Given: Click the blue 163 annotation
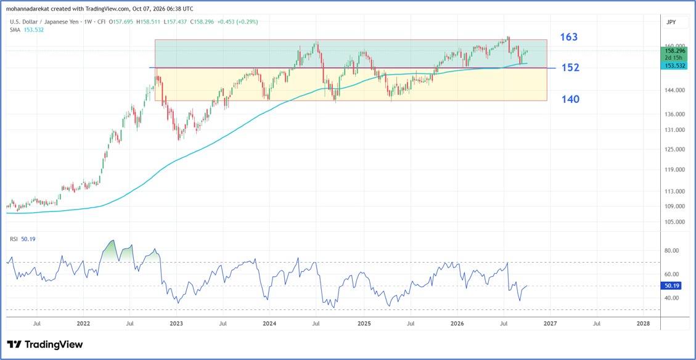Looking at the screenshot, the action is pos(568,37).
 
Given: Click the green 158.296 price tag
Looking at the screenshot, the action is pos(674,51).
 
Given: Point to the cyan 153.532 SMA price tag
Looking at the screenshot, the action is pos(674,66).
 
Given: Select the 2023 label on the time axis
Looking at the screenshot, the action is pos(176,324).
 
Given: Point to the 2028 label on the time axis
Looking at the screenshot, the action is pos(643,324).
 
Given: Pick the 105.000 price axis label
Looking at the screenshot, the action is pos(674,222).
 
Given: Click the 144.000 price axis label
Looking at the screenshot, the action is pos(674,91).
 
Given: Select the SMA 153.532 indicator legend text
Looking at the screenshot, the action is pos(27,30).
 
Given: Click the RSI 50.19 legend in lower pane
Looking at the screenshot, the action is pos(23,239).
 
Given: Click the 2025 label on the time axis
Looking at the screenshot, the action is pos(364,324).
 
